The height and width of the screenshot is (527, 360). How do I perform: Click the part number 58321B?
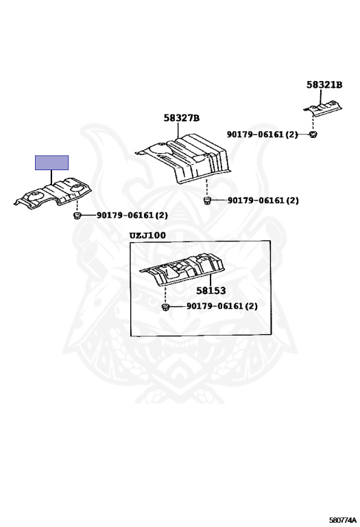pyautogui.click(x=324, y=84)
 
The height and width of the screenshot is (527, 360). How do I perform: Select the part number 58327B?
pyautogui.click(x=181, y=118)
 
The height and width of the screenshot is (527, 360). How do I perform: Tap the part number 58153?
pyautogui.click(x=211, y=290)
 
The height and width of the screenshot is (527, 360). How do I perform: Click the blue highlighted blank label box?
pyautogui.click(x=51, y=163)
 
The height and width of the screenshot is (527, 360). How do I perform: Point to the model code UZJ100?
pyautogui.click(x=147, y=235)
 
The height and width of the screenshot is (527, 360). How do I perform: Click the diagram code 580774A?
pyautogui.click(x=343, y=520)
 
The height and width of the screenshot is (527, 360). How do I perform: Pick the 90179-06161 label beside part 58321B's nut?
pyautogui.click(x=262, y=134)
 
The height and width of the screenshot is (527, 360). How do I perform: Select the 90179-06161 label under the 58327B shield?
pyautogui.click(x=263, y=200)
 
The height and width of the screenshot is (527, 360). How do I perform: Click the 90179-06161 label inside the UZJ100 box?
pyautogui.click(x=222, y=306)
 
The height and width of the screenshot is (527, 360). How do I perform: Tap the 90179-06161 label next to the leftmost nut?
pyautogui.click(x=132, y=215)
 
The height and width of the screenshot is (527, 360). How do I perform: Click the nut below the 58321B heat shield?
pyautogui.click(x=313, y=134)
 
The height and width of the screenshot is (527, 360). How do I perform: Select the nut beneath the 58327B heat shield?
pyautogui.click(x=207, y=200)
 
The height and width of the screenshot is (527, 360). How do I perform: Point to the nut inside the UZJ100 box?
pyautogui.click(x=165, y=307)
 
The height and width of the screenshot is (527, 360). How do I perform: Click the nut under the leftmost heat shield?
pyautogui.click(x=77, y=215)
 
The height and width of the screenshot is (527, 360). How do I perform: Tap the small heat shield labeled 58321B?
pyautogui.click(x=322, y=108)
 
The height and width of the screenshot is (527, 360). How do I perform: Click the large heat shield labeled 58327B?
pyautogui.click(x=183, y=159)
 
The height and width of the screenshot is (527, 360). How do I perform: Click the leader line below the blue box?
pyautogui.click(x=51, y=177)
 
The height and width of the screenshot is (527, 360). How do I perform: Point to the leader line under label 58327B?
pyautogui.click(x=178, y=131)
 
